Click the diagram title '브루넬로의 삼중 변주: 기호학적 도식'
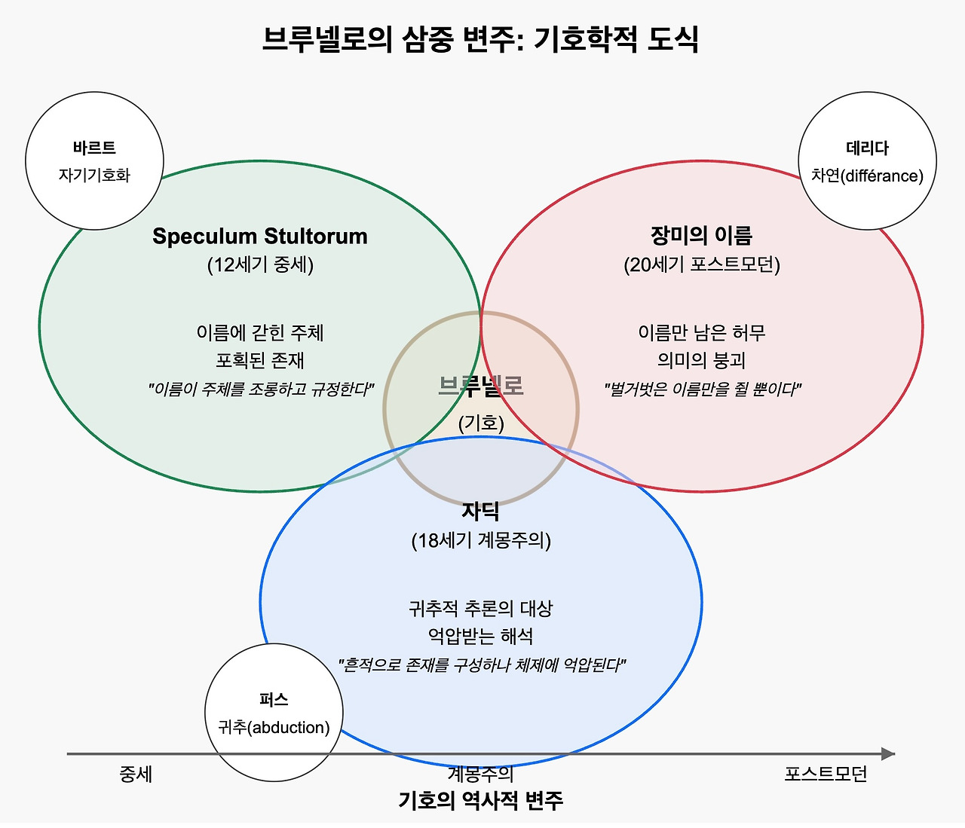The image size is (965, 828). [x=480, y=39]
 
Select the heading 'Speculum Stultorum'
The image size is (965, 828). [x=260, y=236]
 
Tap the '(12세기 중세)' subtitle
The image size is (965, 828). [x=260, y=264]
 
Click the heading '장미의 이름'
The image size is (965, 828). [x=701, y=236]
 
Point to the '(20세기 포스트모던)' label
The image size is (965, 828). [x=701, y=264]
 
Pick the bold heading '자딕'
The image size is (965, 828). [x=480, y=512]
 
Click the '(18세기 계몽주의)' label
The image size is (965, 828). [x=480, y=540]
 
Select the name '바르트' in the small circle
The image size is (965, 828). [x=94, y=148]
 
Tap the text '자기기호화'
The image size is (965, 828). [x=94, y=176]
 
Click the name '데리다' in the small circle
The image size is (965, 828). [x=867, y=148]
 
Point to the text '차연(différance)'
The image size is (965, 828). [x=867, y=176]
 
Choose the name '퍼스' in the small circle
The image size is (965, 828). [x=274, y=699]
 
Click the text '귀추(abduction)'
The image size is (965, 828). [x=274, y=727]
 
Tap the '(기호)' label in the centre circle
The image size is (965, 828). [x=480, y=423]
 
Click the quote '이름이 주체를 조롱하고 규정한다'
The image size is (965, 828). [x=260, y=390]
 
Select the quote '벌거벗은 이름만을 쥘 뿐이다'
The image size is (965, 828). [x=701, y=390]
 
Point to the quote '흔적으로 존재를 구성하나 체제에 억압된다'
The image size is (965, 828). [x=480, y=665]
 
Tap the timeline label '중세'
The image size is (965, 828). [x=136, y=774]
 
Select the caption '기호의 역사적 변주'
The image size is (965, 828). [x=480, y=800]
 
